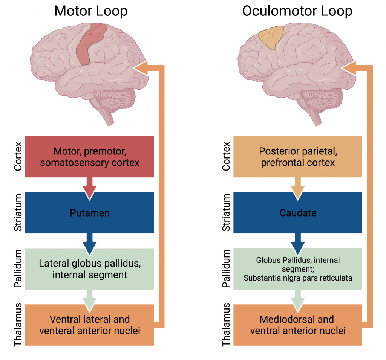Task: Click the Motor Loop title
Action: tap(90, 11)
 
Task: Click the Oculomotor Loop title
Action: tap(297, 11)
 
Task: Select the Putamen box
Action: tap(90, 213)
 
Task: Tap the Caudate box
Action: tap(298, 213)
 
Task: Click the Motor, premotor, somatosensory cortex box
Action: tap(90, 157)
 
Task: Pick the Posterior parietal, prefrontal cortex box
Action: tap(298, 157)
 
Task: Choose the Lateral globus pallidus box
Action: tap(90, 269)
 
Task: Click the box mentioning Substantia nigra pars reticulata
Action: tap(298, 269)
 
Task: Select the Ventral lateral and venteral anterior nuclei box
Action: tap(90, 325)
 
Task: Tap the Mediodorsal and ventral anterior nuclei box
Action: tap(298, 325)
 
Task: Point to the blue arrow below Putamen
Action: tap(90, 243)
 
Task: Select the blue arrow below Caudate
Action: tap(298, 243)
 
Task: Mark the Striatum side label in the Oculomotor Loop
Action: tap(226, 213)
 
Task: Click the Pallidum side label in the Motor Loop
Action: tap(18, 269)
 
